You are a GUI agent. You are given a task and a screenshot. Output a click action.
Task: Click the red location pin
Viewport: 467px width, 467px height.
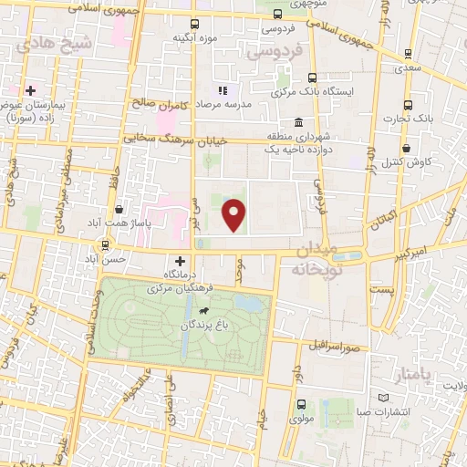(235, 213)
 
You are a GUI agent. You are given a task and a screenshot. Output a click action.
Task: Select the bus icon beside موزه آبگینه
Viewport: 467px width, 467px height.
(193, 25)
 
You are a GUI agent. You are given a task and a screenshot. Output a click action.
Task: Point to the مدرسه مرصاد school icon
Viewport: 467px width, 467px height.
(222, 91)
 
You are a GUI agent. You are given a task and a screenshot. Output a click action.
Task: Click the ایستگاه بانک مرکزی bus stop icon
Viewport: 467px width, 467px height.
(313, 78)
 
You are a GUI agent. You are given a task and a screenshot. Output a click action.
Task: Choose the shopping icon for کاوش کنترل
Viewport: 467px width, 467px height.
(406, 148)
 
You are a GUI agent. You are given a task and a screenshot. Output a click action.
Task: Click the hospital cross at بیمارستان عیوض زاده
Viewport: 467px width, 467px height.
(31, 91)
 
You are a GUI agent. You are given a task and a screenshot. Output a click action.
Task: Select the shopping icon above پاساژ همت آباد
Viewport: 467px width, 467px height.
(119, 209)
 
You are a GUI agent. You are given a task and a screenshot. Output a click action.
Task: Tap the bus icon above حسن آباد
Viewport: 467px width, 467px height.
(107, 244)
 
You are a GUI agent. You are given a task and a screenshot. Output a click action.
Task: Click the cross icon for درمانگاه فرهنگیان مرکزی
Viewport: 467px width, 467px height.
(180, 261)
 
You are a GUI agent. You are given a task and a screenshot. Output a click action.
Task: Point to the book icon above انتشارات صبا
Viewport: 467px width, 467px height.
(381, 397)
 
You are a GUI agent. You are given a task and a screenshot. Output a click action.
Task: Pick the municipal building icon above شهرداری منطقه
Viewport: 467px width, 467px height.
(297, 123)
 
